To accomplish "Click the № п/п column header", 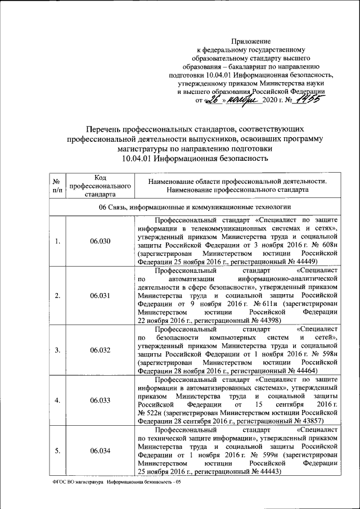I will pos(57,186).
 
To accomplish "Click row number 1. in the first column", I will pos(57,241).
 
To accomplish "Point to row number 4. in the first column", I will pos(57,400).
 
